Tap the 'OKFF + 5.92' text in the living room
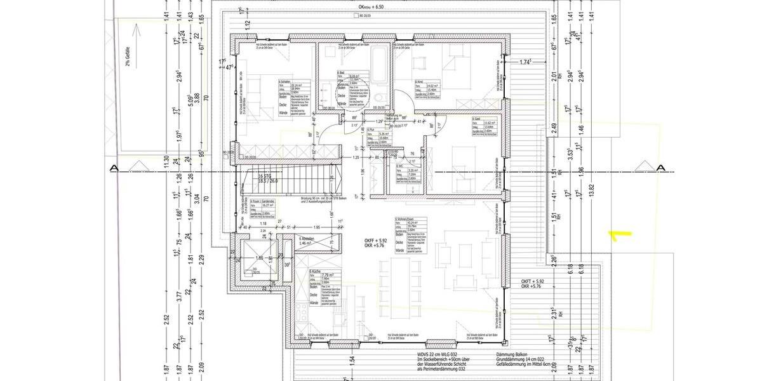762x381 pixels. [375, 239]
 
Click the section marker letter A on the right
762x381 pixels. [660, 168]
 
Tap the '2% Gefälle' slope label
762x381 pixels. [127, 57]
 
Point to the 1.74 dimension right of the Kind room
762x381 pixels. [525, 62]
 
